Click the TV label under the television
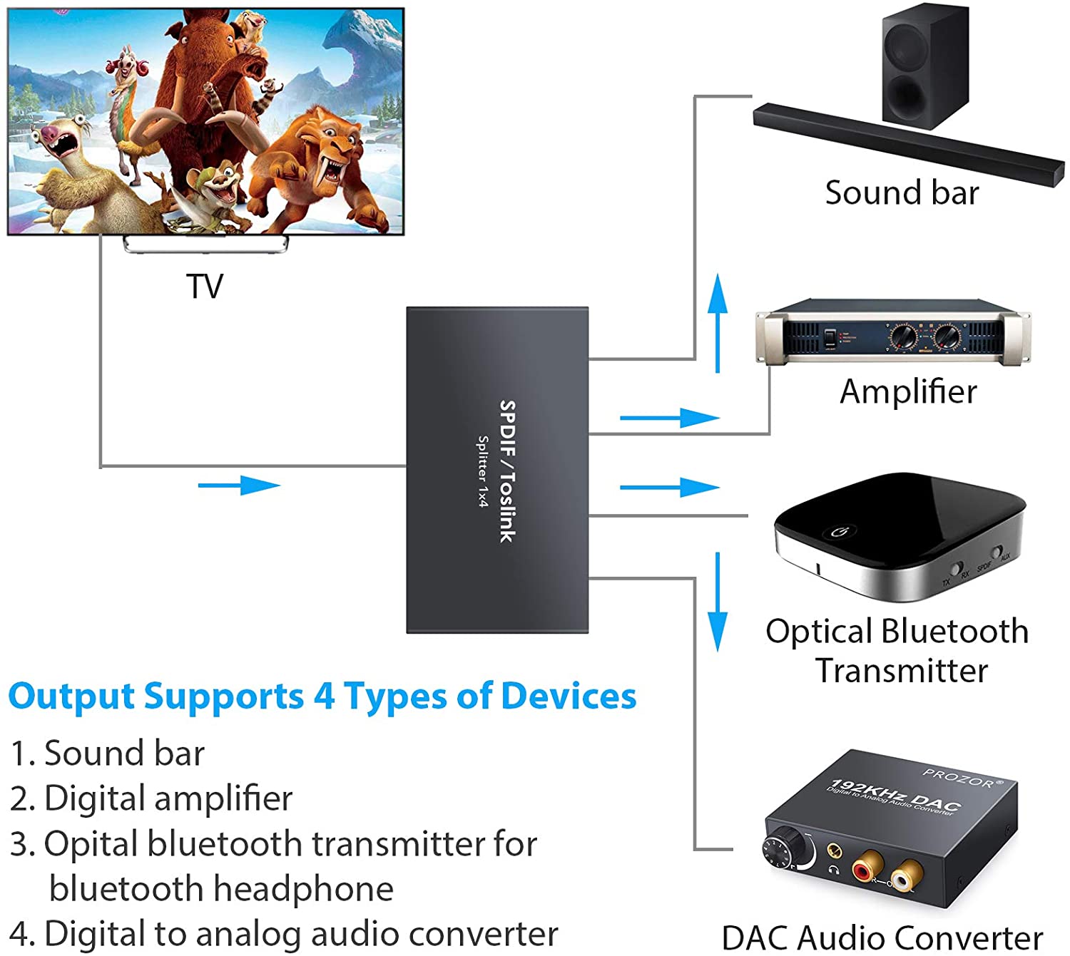[x=205, y=287]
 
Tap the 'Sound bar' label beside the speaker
[x=902, y=193]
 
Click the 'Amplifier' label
[x=907, y=391]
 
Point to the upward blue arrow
[x=718, y=321]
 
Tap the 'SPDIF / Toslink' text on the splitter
[x=507, y=471]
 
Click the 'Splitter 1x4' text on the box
[x=483, y=471]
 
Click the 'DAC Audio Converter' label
[x=882, y=937]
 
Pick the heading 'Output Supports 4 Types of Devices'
[x=322, y=697]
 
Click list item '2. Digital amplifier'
[x=151, y=798]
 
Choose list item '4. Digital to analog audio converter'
[x=284, y=933]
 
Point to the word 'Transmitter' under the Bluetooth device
[x=902, y=671]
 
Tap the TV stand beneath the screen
[x=205, y=244]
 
